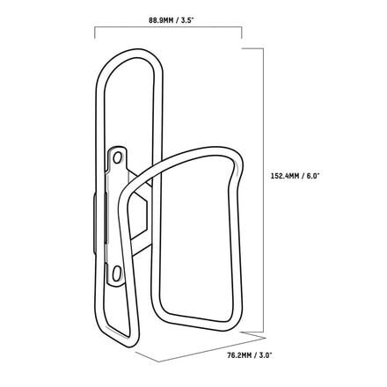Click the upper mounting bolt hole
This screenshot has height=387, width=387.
(x=118, y=157)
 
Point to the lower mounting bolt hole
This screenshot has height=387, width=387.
(x=116, y=273)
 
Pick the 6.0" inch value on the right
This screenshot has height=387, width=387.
(x=313, y=176)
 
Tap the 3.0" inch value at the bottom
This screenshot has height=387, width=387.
(x=267, y=355)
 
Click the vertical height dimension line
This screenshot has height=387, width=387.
(x=263, y=190)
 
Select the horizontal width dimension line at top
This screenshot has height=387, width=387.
(x=168, y=27)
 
